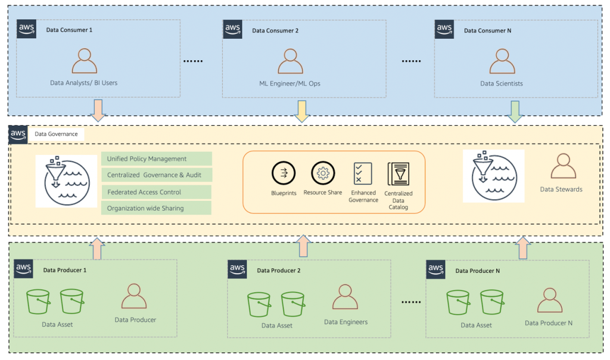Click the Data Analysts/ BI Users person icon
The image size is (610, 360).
[84, 61]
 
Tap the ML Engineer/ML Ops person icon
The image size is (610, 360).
[290, 61]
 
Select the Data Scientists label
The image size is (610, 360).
[502, 83]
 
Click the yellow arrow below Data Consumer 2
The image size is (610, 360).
[302, 111]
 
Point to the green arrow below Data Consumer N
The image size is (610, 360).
[515, 111]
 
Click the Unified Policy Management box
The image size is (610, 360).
[157, 159]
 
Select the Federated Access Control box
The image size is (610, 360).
[157, 192]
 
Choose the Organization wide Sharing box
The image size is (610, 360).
[157, 208]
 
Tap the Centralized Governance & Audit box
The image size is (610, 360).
[157, 175]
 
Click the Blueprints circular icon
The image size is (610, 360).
[283, 173]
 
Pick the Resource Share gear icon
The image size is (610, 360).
[323, 173]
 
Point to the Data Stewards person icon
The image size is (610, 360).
[564, 166]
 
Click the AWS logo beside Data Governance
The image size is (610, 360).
[18, 135]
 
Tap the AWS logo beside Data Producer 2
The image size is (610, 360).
[238, 269]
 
